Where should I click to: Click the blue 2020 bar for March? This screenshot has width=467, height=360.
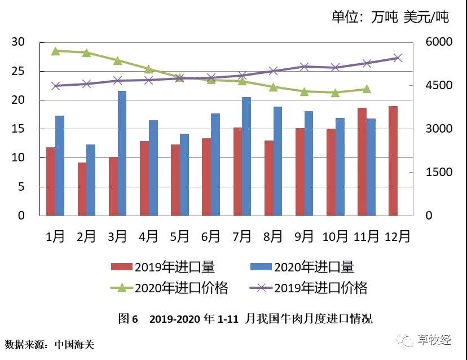[x=122, y=153]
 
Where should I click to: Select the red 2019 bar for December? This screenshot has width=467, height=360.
[x=393, y=161]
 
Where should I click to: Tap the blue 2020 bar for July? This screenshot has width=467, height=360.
[x=246, y=156]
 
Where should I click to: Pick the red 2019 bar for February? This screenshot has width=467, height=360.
[x=82, y=189]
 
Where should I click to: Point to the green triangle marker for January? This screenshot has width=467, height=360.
[x=56, y=51]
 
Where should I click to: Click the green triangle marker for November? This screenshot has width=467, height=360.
[x=367, y=89]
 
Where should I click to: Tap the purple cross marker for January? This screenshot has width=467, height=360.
[x=56, y=86]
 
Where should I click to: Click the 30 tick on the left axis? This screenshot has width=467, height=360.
[x=18, y=42]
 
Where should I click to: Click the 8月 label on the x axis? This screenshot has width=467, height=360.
[x=273, y=237]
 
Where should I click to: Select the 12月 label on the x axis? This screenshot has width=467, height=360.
[x=397, y=237]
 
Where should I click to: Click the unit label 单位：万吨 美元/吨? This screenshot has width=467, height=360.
[x=390, y=17]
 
